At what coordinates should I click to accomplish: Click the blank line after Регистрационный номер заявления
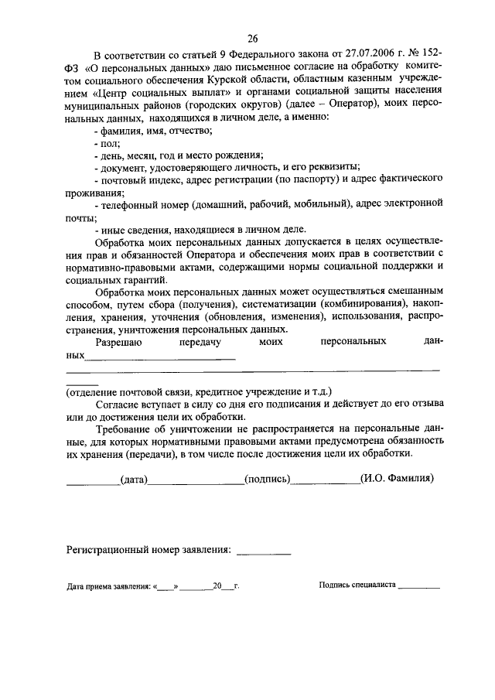[263, 552]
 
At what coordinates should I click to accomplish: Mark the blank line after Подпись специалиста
[418, 588]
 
